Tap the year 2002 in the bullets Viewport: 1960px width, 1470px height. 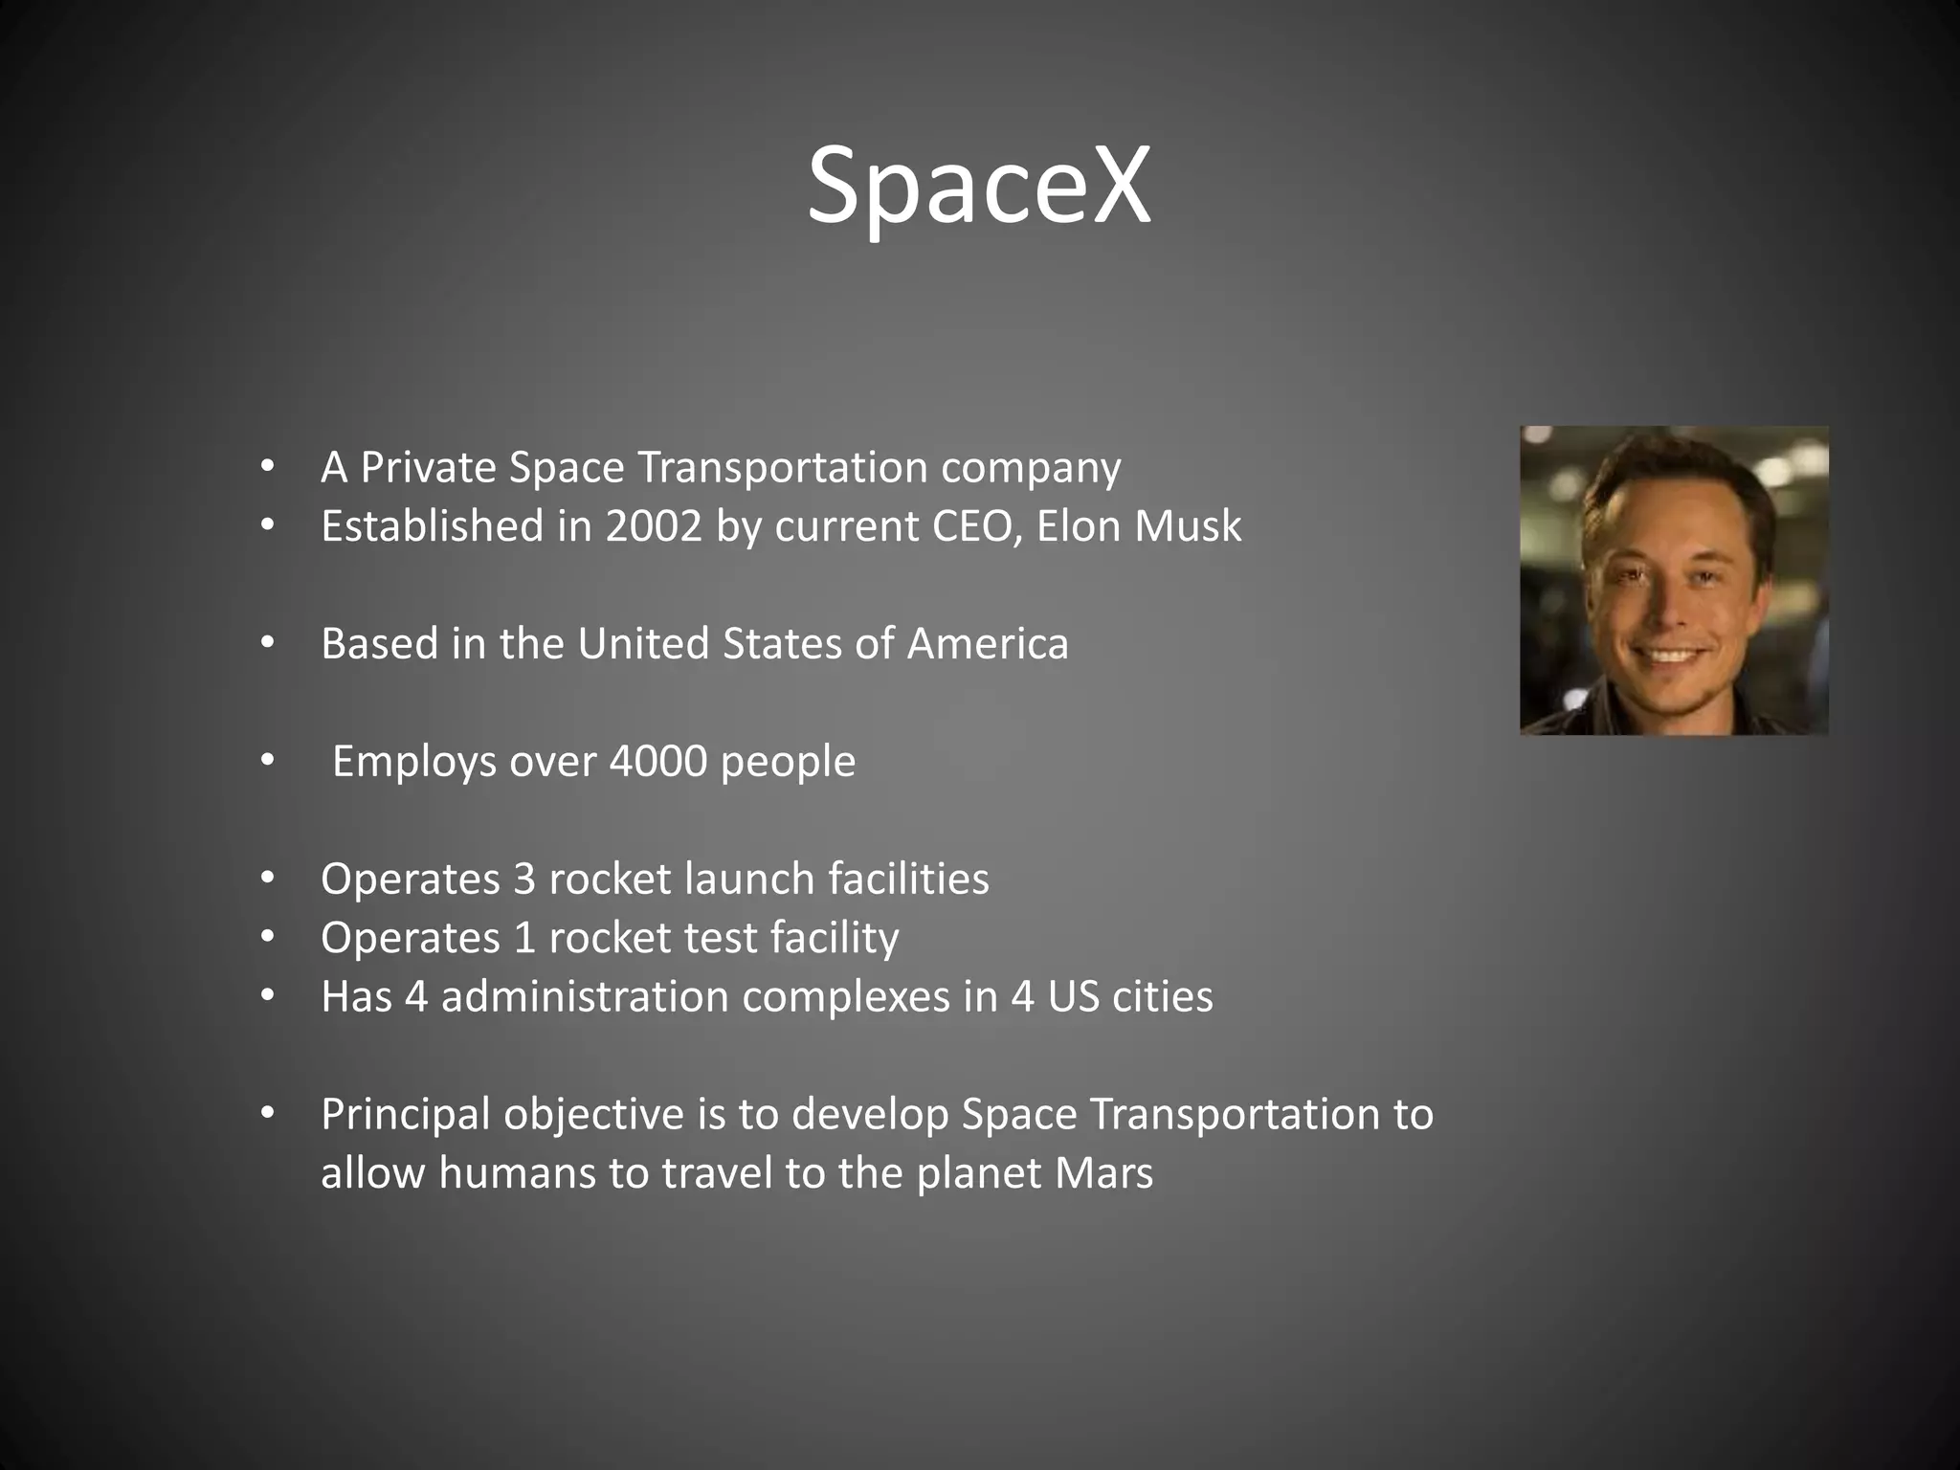[x=654, y=526]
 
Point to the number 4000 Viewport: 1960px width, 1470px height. [x=657, y=762]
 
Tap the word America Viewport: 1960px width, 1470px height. [x=987, y=644]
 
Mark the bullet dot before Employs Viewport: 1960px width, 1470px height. [x=267, y=762]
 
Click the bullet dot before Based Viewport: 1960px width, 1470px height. [x=267, y=644]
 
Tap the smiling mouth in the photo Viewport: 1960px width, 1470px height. [x=1670, y=656]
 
